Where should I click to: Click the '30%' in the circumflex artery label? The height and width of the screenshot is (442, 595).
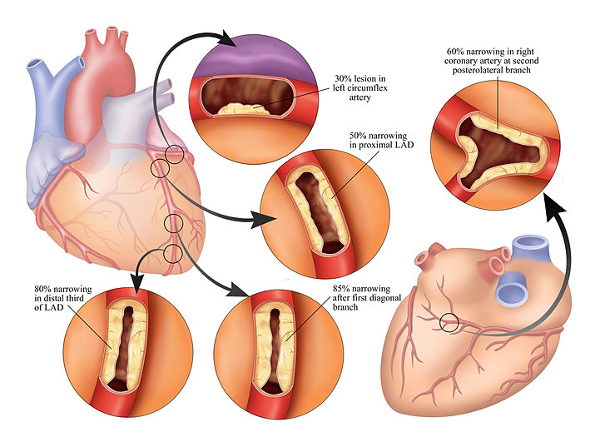pyautogui.click(x=342, y=78)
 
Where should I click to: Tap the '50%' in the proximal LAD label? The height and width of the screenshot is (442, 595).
pyautogui.click(x=358, y=136)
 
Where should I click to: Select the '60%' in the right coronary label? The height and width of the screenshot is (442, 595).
pyautogui.click(x=455, y=52)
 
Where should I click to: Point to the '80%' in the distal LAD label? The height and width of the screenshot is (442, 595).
pyautogui.click(x=42, y=290)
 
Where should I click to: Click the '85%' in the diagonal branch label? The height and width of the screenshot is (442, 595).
pyautogui.click(x=340, y=289)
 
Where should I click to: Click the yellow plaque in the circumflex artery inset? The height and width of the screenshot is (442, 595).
pyautogui.click(x=243, y=109)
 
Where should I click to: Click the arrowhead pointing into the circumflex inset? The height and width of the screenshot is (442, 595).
pyautogui.click(x=230, y=38)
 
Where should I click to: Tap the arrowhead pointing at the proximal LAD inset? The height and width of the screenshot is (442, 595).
pyautogui.click(x=264, y=219)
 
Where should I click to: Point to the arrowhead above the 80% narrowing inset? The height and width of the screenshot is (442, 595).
pyautogui.click(x=137, y=285)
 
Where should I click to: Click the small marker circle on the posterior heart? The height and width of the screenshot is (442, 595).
pyautogui.click(x=449, y=323)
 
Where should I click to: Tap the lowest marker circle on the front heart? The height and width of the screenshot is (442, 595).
pyautogui.click(x=172, y=253)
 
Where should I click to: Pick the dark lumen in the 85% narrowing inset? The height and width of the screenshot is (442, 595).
pyautogui.click(x=274, y=350)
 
